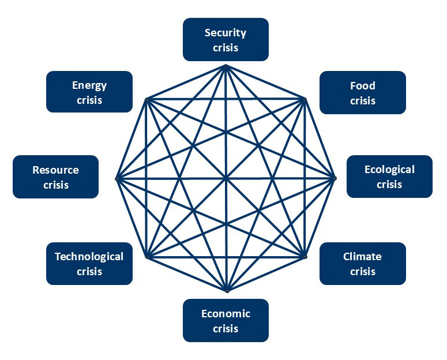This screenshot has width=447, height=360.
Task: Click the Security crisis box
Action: (x=226, y=39)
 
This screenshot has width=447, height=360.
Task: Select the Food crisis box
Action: (x=362, y=92)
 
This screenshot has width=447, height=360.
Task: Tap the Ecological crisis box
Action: (x=389, y=177)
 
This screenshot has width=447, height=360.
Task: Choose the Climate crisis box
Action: (x=362, y=263)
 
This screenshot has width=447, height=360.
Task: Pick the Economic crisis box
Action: (x=226, y=320)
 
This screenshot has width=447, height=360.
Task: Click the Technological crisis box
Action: (x=89, y=263)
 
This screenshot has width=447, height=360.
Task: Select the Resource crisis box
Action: (x=55, y=177)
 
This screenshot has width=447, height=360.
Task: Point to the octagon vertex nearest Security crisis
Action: (x=226, y=66)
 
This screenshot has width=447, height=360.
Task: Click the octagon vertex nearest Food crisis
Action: (x=304, y=99)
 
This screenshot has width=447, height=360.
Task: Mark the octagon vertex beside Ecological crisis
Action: (x=335, y=178)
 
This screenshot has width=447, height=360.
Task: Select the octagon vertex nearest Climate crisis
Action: (x=304, y=256)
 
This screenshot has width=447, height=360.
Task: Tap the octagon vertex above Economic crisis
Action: (x=227, y=291)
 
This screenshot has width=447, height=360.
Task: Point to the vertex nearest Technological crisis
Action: (x=148, y=256)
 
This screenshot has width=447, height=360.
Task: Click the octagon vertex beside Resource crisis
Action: (x=117, y=178)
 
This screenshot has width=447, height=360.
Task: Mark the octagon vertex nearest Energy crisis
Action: (x=147, y=99)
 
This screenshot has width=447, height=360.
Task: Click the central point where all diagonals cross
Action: (x=226, y=178)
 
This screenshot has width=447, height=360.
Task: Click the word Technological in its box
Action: (x=89, y=256)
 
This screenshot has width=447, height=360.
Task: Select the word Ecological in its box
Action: (x=389, y=170)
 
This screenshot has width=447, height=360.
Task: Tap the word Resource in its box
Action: (x=55, y=170)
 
